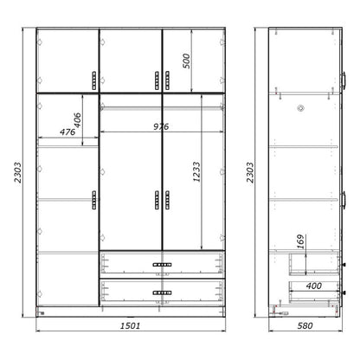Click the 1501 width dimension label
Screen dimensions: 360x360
(131, 326)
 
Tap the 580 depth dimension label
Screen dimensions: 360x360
(303, 326)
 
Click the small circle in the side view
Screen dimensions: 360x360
(302, 108)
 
